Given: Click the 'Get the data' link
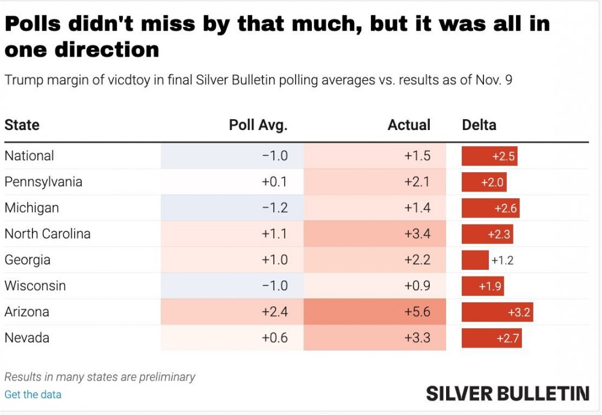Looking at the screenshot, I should (33, 395).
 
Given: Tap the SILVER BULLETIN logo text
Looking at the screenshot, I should (507, 394).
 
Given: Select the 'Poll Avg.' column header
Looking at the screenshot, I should (258, 125).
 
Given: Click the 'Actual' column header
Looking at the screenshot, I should (409, 125).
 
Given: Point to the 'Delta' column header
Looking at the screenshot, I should (479, 125).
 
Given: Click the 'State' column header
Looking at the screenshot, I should (22, 125).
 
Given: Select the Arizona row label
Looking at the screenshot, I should (27, 312).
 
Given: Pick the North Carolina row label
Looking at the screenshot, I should (48, 234).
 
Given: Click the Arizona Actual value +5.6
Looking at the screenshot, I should (417, 312).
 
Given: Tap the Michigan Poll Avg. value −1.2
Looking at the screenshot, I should (275, 208).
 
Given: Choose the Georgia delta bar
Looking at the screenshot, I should (475, 260).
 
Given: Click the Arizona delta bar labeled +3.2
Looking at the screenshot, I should (497, 312).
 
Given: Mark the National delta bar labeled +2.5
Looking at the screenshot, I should (489, 156).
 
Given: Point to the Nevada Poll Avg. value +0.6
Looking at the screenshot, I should (275, 338).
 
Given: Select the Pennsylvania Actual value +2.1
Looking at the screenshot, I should (417, 182).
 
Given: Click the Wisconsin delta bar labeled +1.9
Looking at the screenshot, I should (483, 286).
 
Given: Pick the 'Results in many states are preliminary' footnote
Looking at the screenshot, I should (100, 377).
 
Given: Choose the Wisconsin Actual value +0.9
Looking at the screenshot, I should (417, 286).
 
